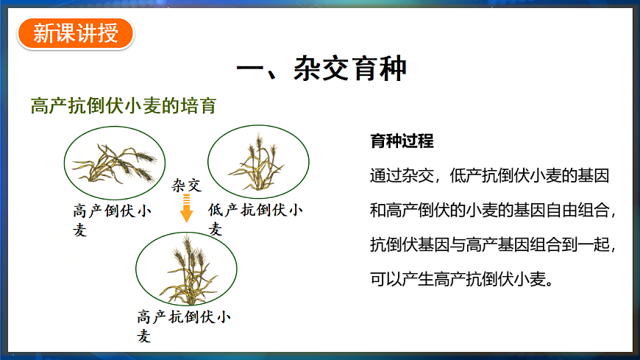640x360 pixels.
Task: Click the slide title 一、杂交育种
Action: pyautogui.click(x=321, y=71)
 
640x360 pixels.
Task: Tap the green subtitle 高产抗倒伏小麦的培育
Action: pyautogui.click(x=124, y=106)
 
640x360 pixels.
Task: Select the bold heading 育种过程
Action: pyautogui.click(x=402, y=141)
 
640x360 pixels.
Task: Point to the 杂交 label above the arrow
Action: pyautogui.click(x=186, y=185)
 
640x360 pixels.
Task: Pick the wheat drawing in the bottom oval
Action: pyautogui.click(x=186, y=268)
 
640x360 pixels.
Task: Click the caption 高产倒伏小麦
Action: pyautogui.click(x=112, y=219)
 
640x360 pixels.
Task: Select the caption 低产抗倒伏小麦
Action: pyautogui.click(x=255, y=219)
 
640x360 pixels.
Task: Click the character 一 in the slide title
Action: pyautogui.click(x=252, y=71)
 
